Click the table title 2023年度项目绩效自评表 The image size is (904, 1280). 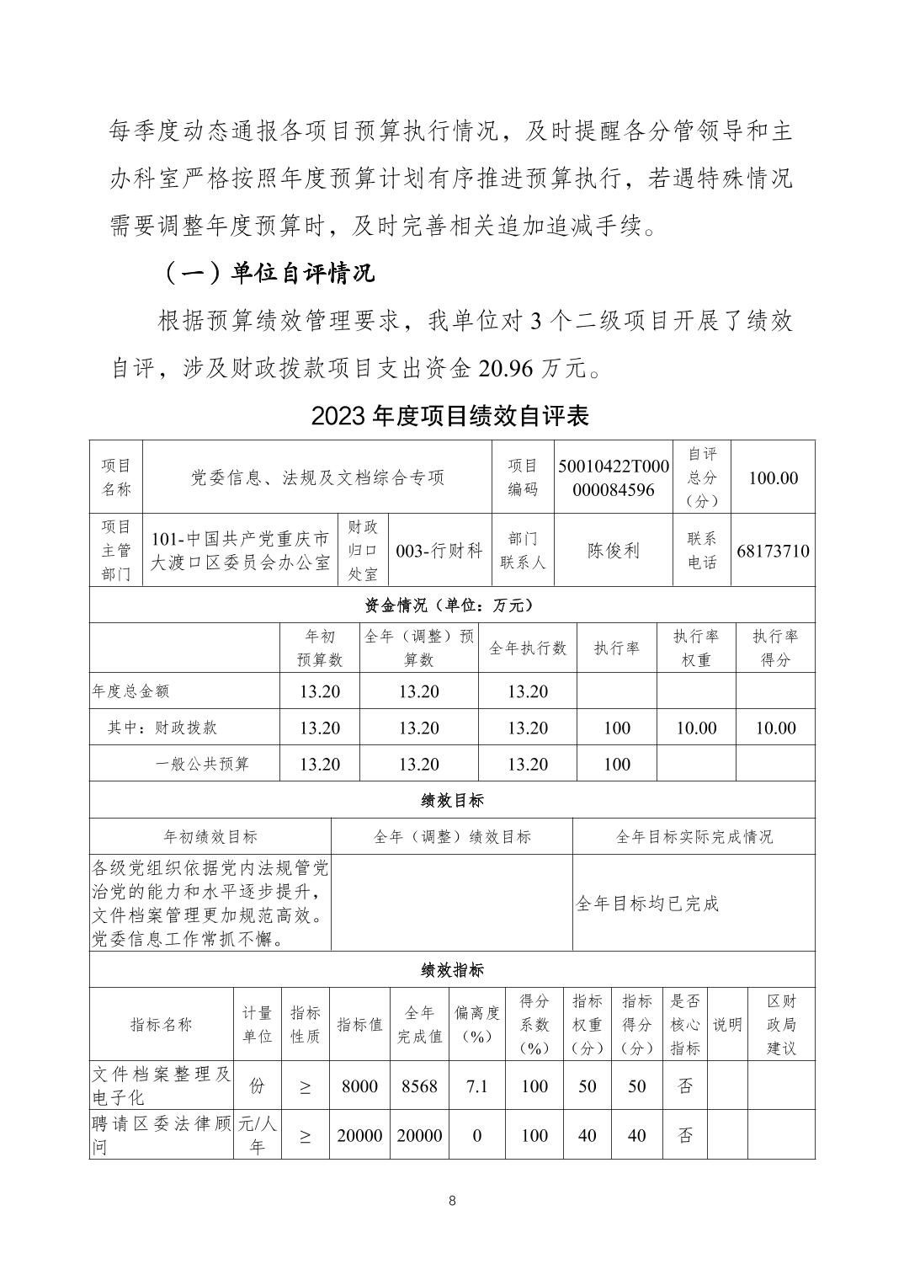click(450, 415)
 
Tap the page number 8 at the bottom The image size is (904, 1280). click(452, 1201)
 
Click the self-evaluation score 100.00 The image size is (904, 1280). click(773, 477)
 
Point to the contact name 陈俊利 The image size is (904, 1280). click(613, 551)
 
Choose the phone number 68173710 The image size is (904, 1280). click(773, 552)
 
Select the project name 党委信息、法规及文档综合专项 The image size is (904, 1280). click(316, 477)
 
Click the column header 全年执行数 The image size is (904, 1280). click(528, 648)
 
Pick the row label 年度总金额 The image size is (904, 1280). click(130, 691)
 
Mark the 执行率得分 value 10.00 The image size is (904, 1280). click(775, 728)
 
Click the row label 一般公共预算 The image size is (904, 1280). click(203, 764)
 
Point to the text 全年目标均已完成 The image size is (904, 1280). click(647, 904)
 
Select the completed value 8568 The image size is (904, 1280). click(419, 1086)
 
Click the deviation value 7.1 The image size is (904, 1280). click(476, 1086)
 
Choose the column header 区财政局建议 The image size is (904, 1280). click(780, 1024)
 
